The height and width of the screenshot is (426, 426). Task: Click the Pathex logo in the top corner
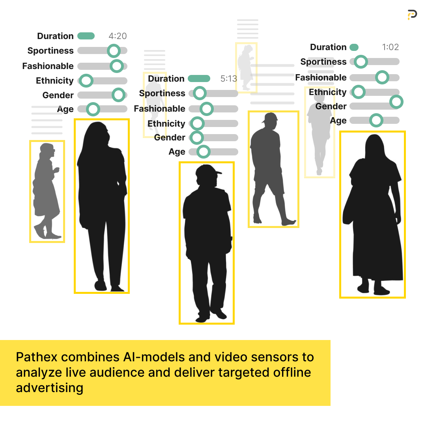pyautogui.click(x=412, y=15)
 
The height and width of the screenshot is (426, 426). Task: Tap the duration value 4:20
pyautogui.click(x=118, y=36)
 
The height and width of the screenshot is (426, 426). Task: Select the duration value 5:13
pyautogui.click(x=229, y=78)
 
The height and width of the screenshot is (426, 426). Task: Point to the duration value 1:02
pyautogui.click(x=390, y=47)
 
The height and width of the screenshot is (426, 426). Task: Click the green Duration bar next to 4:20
pyautogui.click(x=86, y=36)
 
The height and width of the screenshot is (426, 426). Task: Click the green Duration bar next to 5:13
pyautogui.click(x=199, y=78)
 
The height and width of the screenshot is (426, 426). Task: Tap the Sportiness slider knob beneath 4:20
pyautogui.click(x=114, y=50)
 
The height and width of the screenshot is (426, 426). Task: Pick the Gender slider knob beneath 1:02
pyautogui.click(x=396, y=102)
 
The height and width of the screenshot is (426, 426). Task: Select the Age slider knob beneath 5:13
pyautogui.click(x=203, y=152)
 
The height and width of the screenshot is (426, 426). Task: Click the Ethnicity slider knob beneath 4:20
pyautogui.click(x=86, y=81)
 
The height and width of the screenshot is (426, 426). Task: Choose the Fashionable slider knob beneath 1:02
pyautogui.click(x=382, y=77)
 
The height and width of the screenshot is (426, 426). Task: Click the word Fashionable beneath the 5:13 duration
pyautogui.click(x=159, y=108)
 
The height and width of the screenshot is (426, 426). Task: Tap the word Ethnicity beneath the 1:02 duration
pyautogui.click(x=327, y=92)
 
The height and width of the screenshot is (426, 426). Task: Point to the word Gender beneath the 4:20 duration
pyautogui.click(x=58, y=95)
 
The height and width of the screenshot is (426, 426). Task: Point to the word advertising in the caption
pyautogui.click(x=50, y=388)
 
